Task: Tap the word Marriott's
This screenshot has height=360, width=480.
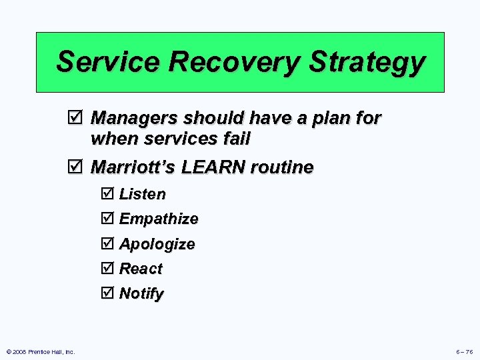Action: (133, 167)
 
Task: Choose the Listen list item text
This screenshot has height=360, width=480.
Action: (142, 194)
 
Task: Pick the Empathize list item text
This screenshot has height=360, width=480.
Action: (158, 219)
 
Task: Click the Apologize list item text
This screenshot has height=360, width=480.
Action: (157, 244)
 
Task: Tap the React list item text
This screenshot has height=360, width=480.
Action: (141, 269)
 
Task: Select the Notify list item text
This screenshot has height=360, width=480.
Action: (141, 293)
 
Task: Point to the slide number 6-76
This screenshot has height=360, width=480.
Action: (464, 351)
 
